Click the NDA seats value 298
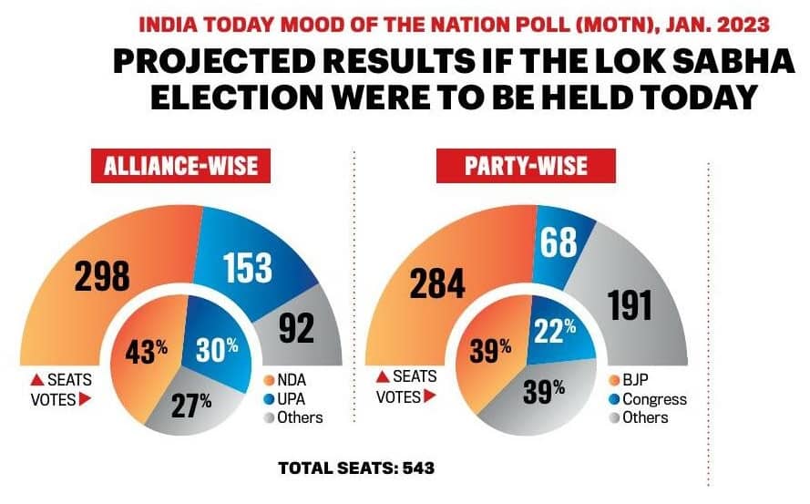[103, 275]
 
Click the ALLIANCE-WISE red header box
[180, 168]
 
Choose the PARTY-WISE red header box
[526, 168]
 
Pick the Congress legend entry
[650, 398]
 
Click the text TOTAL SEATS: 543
[355, 468]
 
